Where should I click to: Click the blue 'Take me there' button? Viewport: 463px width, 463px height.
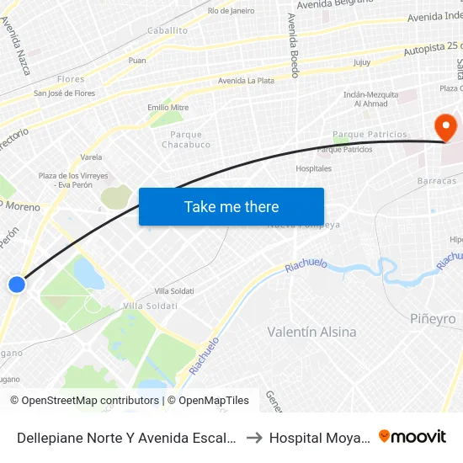coord(231,206)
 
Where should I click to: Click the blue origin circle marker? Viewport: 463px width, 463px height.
coord(17,285)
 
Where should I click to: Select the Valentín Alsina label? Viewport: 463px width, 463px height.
coord(311,332)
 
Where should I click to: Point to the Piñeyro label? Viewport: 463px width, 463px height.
coord(433,319)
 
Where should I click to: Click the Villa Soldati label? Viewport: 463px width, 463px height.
coord(147,305)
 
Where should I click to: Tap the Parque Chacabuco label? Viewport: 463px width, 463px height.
coord(186,139)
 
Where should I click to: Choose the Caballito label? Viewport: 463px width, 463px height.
coord(168,29)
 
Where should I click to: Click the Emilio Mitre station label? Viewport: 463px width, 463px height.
coord(168,108)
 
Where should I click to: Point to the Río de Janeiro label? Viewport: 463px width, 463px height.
coord(231,11)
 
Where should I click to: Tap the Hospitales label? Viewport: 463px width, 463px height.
coord(313,168)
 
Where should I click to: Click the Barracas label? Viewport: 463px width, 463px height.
coord(436,181)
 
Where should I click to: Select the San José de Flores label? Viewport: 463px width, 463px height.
coord(64,93)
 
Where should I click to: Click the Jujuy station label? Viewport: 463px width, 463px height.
coord(362,62)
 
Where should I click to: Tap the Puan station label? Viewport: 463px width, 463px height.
coord(137,61)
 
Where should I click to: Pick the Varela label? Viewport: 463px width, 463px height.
coord(91,157)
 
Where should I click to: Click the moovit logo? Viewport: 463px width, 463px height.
coord(412,436)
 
